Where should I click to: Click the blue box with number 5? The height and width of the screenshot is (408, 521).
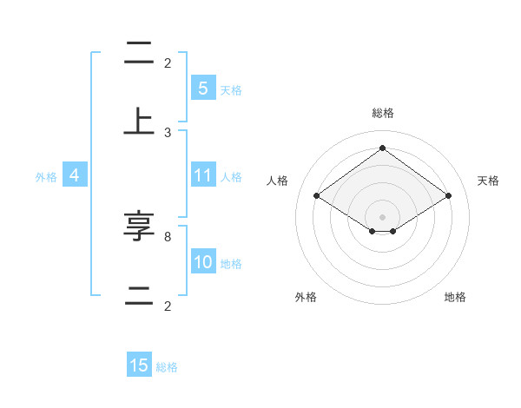tap(202, 88)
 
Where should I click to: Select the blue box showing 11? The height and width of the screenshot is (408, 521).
tap(202, 175)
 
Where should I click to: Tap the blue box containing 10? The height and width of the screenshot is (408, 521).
tap(202, 262)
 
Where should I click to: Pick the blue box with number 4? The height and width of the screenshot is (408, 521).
tap(74, 175)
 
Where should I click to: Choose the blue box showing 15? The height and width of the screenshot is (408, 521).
tap(139, 365)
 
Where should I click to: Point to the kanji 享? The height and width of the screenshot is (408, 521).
tap(139, 227)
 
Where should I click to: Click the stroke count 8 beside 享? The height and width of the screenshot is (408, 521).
tap(168, 236)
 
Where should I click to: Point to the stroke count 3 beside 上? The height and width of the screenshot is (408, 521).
tap(168, 132)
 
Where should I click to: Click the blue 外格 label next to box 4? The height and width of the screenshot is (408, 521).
tap(46, 176)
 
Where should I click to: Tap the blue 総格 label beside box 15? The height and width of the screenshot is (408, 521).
tap(167, 367)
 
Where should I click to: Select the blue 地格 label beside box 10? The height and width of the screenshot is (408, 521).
tap(231, 264)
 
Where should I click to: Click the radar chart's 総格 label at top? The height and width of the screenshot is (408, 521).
tap(382, 113)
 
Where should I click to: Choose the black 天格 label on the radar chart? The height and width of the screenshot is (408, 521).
tap(488, 181)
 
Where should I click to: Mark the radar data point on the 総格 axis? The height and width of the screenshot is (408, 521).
tap(382, 148)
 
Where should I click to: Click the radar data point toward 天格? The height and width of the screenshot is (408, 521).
tap(448, 196)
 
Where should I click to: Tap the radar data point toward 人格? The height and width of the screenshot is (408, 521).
tap(316, 196)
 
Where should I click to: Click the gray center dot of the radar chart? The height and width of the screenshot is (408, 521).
tap(382, 215)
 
